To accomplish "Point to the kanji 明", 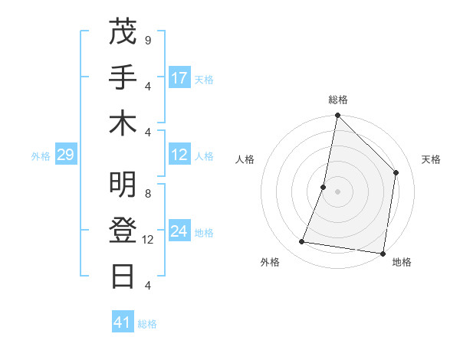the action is (123, 185).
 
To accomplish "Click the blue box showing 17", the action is (179, 78).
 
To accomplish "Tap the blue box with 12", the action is (179, 155).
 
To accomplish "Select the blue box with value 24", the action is (179, 231).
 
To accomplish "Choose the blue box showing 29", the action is (65, 155).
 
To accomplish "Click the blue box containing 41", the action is (123, 322).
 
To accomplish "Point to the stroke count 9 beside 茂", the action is (147, 40).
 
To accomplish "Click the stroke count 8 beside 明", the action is (147, 194).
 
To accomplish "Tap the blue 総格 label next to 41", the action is (147, 324).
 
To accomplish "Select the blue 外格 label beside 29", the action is (41, 156).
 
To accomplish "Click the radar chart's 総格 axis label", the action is (337, 100).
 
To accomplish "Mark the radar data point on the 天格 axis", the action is (396, 172).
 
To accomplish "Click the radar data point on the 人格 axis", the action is (324, 187).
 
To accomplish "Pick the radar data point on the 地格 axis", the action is (382, 252).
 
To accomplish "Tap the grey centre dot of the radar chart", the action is (337, 191).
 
